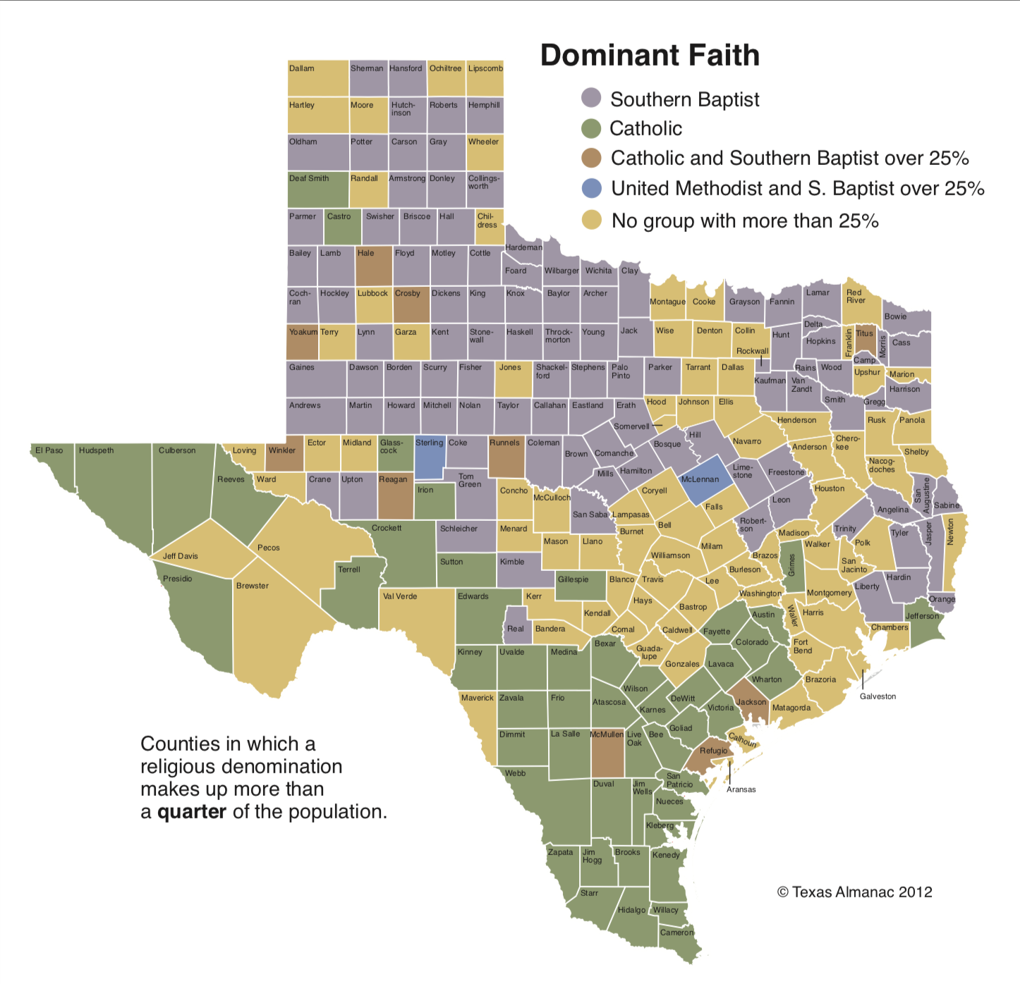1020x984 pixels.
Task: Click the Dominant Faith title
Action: tap(650, 56)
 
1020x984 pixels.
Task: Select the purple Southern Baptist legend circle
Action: tap(591, 98)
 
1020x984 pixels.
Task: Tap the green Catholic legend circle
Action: tap(591, 128)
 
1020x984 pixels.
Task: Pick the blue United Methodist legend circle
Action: tap(591, 188)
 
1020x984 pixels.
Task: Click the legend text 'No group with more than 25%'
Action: tap(745, 221)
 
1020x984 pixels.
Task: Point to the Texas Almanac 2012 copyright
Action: tap(854, 892)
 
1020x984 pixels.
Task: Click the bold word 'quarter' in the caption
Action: tap(191, 812)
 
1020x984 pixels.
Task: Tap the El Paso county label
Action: tap(49, 450)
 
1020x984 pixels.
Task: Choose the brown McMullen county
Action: tap(607, 754)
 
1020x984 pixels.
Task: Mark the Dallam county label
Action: tap(302, 68)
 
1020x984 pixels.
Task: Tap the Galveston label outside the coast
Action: tap(878, 696)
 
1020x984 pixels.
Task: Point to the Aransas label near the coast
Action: tap(741, 789)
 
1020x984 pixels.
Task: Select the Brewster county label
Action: tap(253, 586)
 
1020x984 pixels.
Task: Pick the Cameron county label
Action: tap(676, 933)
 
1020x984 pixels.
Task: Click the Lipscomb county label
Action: tap(485, 68)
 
